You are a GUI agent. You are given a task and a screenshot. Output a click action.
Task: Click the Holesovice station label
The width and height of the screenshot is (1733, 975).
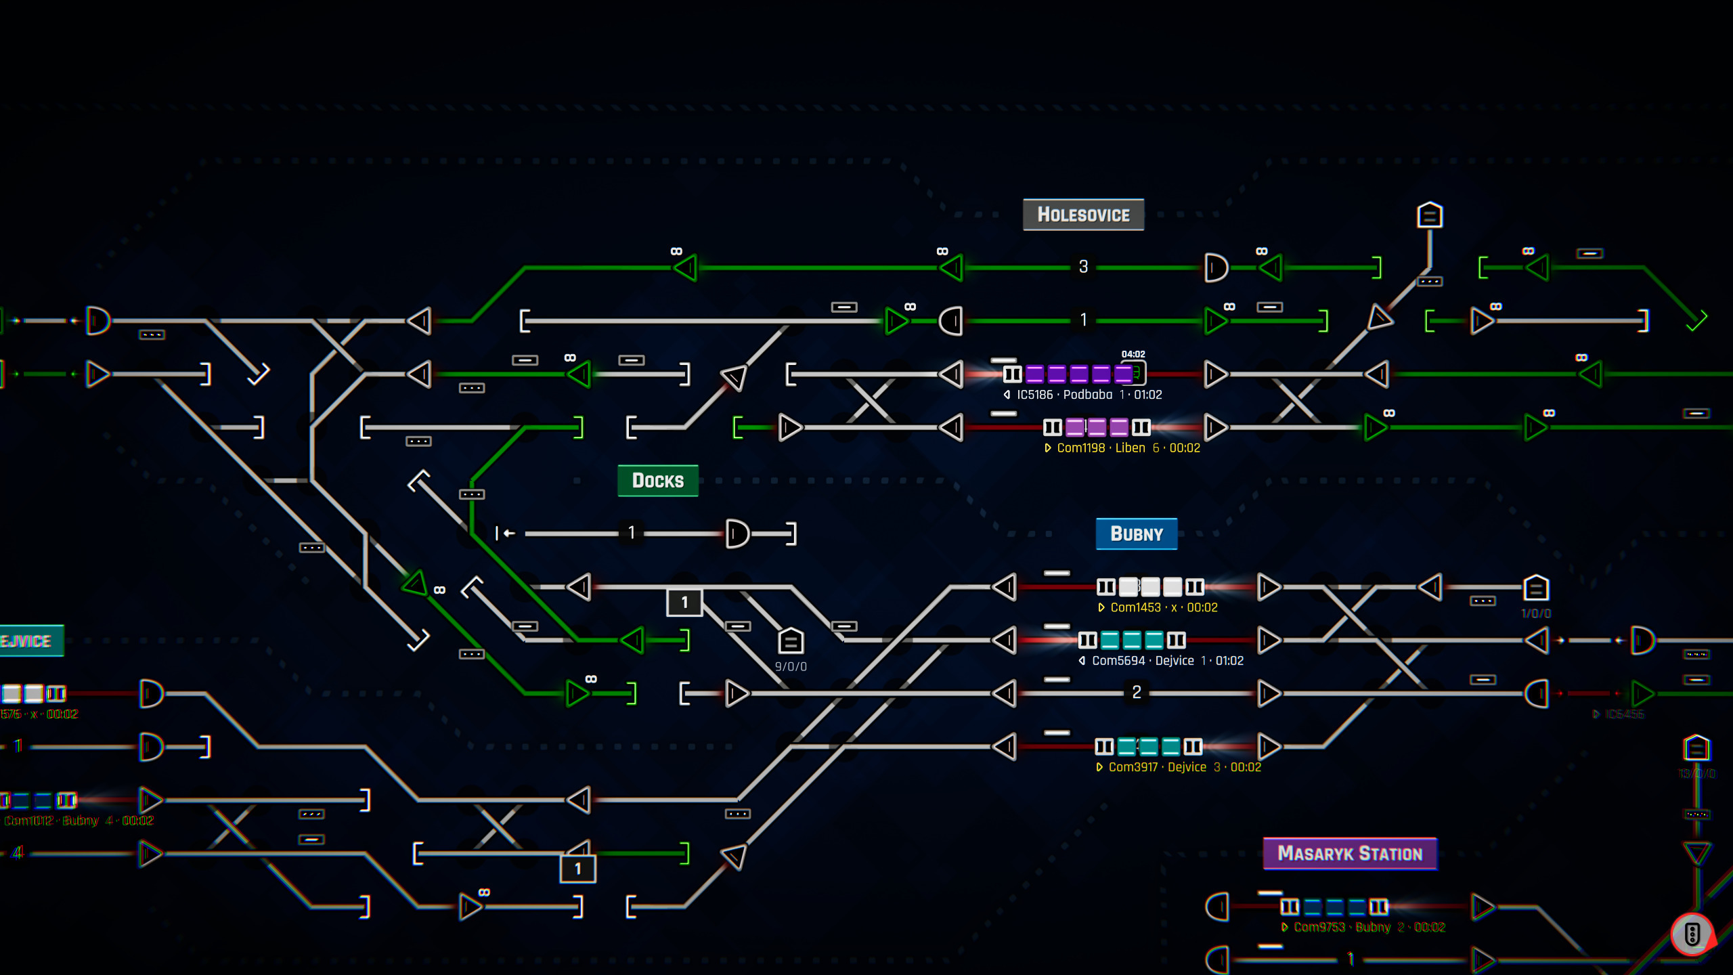coord(1083,215)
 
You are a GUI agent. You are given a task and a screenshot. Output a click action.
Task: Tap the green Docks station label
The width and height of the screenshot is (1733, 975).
coord(657,481)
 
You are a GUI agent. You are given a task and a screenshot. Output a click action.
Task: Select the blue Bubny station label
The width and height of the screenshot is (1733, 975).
coord(1137,534)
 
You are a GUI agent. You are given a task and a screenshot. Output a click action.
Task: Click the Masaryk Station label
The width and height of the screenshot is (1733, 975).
coord(1350,854)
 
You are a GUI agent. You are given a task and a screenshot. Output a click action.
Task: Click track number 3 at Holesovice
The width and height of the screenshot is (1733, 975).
coord(1083,267)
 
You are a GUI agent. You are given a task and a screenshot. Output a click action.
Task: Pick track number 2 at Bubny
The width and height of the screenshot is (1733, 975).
coord(1137,692)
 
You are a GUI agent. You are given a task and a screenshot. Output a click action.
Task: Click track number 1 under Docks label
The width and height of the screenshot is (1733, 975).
coord(631,533)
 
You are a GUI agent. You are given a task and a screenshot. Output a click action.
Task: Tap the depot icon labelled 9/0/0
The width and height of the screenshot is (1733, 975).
coord(791,641)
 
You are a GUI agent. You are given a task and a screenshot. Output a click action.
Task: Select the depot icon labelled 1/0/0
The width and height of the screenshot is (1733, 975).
coord(1536,588)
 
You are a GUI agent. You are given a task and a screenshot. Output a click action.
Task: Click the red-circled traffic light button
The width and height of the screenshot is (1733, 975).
coord(1692,934)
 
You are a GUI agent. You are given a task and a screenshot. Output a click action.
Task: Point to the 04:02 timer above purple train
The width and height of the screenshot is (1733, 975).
coord(1133,354)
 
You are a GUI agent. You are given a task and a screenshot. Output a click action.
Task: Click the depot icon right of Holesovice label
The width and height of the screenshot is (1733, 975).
coord(1430,215)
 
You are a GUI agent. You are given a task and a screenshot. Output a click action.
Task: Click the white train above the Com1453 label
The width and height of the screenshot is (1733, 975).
coord(1149,586)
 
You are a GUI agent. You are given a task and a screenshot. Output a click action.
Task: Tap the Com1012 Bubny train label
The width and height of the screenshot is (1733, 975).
coord(78,821)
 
